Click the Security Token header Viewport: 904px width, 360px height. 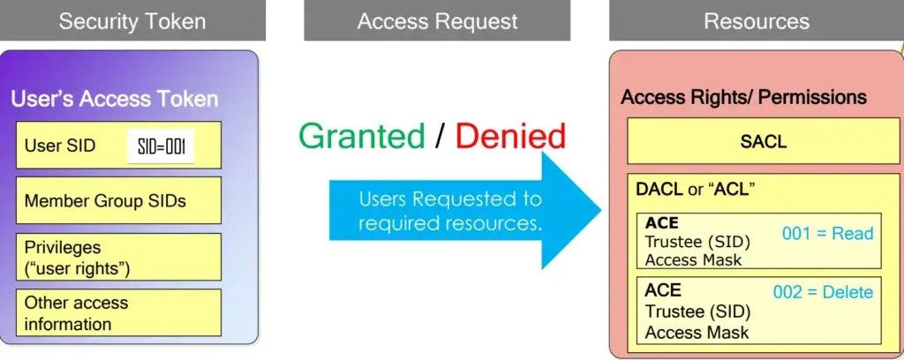coord(132,21)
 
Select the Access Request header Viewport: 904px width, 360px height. coord(437,21)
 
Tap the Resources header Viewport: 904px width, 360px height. coord(756,21)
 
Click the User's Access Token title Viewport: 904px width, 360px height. coord(114,99)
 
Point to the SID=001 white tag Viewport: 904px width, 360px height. coord(161,146)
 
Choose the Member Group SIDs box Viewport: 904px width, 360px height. coord(118,200)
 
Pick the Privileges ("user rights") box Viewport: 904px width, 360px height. coord(118,257)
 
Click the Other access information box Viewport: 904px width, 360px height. coord(118,313)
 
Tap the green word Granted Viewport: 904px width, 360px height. coord(362,136)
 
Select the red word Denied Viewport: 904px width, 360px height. coord(510,136)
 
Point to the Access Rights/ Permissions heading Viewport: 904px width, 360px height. coord(743,97)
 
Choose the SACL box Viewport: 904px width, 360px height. coord(764,141)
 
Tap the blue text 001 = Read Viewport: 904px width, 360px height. coord(827,234)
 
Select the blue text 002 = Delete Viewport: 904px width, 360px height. coord(823,292)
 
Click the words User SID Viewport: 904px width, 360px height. coord(60,146)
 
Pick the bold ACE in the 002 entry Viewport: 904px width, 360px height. coord(663,290)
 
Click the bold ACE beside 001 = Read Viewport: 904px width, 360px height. coord(662,223)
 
